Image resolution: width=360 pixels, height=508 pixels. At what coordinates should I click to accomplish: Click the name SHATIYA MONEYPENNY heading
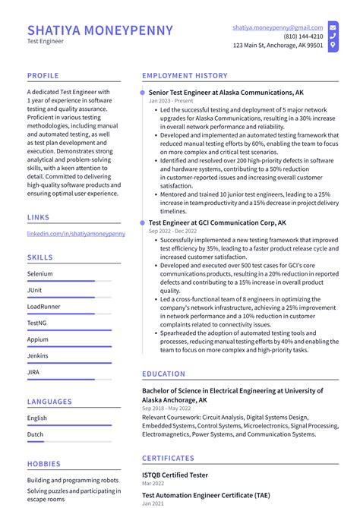tap(100, 30)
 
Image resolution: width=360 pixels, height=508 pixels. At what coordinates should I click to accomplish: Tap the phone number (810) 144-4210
tap(303, 36)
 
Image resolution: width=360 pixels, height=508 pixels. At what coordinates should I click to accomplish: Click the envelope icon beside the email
tap(333, 27)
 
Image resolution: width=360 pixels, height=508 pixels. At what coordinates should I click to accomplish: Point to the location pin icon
tap(333, 46)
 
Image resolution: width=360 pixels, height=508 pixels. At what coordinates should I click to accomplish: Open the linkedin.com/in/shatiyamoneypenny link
tap(76, 234)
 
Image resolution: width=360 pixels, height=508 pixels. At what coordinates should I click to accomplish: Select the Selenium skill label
tap(40, 273)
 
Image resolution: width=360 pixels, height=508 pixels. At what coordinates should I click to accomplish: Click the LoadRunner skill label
tap(44, 306)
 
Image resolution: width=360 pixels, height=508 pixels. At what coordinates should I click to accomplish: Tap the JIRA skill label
tap(34, 372)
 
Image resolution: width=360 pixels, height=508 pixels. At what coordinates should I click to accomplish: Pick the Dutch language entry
tap(36, 435)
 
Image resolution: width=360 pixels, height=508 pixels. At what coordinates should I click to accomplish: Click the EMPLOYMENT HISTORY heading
tap(185, 76)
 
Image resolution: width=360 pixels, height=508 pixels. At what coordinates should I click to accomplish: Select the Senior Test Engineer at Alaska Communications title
tap(226, 92)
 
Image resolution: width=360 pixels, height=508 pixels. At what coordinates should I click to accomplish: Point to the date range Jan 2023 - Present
tap(171, 100)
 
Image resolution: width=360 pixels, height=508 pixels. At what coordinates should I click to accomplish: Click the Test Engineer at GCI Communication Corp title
tap(217, 222)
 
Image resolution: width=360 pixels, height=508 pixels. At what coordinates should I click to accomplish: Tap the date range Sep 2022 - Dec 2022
tap(173, 231)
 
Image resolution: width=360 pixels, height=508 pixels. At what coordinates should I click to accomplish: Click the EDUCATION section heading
tap(163, 374)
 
